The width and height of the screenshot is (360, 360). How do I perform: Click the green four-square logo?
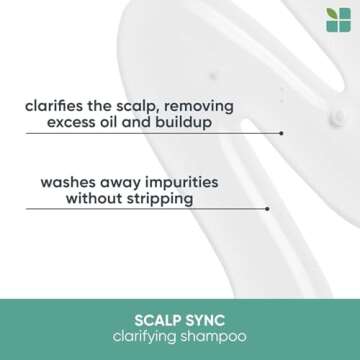pyautogui.click(x=338, y=19)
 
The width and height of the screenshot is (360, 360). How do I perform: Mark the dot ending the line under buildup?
pyautogui.click(x=282, y=132)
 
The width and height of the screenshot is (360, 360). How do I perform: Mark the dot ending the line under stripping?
pyautogui.click(x=268, y=209)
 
